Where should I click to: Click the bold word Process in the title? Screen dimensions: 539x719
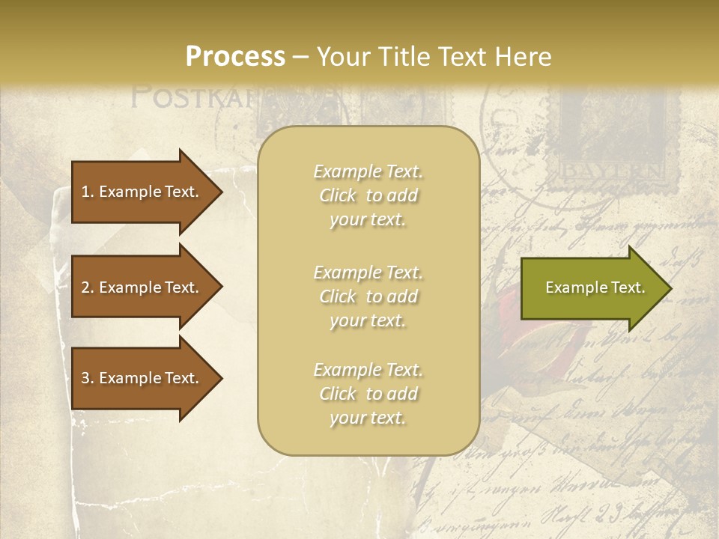(235, 57)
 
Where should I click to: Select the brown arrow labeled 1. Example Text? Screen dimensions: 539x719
(142, 192)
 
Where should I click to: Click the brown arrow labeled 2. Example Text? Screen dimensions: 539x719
(142, 287)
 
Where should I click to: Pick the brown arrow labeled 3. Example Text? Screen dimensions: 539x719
(142, 378)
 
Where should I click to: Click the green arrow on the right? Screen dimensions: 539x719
(592, 287)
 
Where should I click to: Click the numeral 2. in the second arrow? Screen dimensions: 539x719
(88, 287)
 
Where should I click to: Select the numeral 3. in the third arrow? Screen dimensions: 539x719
(88, 378)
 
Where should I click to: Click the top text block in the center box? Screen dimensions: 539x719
(368, 195)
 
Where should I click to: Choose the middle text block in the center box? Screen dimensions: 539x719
(368, 296)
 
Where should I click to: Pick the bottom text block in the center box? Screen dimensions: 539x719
(368, 394)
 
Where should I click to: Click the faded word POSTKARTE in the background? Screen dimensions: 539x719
(195, 97)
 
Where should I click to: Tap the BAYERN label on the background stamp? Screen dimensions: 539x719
(612, 171)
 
